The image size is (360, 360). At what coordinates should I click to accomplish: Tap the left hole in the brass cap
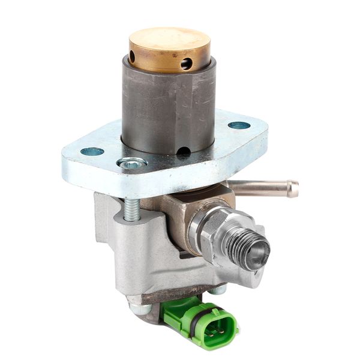[x=132, y=57]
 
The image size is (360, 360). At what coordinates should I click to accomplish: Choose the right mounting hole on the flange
[x=239, y=125]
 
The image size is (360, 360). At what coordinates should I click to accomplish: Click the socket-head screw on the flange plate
[x=132, y=163]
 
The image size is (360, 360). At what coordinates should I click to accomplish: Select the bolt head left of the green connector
[x=140, y=309]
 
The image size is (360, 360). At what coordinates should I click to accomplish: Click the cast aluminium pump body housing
[x=144, y=252]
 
